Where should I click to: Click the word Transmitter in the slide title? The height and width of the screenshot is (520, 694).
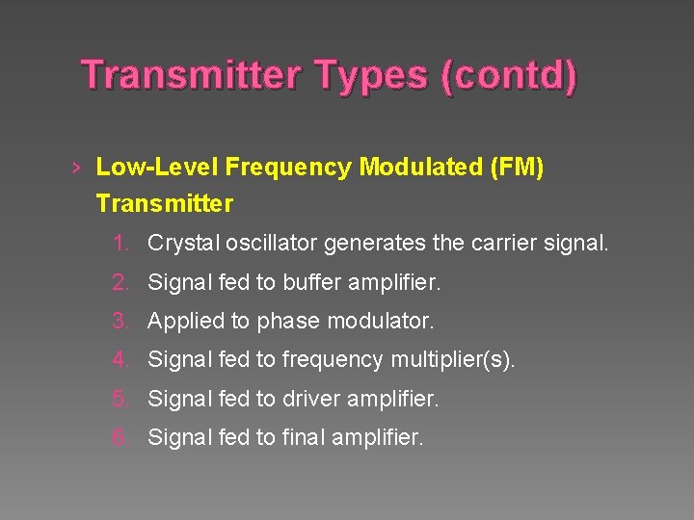[x=189, y=75]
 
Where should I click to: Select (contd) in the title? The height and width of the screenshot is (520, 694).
[x=508, y=75]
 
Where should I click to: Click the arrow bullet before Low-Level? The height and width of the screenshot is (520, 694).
[x=75, y=169]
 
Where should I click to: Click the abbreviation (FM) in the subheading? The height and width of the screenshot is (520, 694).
[x=517, y=169]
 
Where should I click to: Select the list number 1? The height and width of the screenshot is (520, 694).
[x=120, y=244]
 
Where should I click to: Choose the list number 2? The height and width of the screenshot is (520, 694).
[x=120, y=283]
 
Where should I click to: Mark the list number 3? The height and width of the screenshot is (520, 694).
[x=120, y=321]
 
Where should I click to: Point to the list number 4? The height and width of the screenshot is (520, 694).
[x=120, y=360]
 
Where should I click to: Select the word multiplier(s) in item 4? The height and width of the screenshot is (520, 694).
[x=453, y=360]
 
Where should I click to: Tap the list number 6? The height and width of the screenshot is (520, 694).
[x=120, y=437]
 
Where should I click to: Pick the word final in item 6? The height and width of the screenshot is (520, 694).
[x=304, y=437]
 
